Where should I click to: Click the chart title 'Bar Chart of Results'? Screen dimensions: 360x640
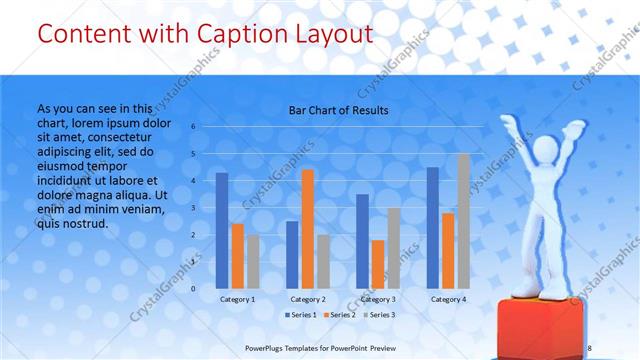pyautogui.click(x=339, y=110)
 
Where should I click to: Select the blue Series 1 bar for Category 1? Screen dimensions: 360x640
pyautogui.click(x=222, y=230)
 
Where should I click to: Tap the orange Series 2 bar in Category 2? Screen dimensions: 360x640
pyautogui.click(x=308, y=229)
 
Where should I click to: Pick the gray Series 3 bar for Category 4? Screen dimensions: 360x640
pyautogui.click(x=464, y=221)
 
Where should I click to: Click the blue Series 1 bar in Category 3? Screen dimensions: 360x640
pyautogui.click(x=362, y=241)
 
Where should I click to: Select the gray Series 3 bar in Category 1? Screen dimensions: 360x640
pyautogui.click(x=253, y=261)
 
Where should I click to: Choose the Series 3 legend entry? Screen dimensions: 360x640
pyautogui.click(x=380, y=315)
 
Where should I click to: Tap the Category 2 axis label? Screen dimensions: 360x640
pyautogui.click(x=308, y=298)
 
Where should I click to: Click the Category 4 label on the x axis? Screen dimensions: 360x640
pyautogui.click(x=449, y=298)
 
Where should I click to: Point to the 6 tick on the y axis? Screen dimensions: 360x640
pyautogui.click(x=193, y=127)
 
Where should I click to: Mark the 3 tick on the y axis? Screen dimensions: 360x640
pyautogui.click(x=193, y=208)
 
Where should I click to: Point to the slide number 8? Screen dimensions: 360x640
pyautogui.click(x=589, y=347)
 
